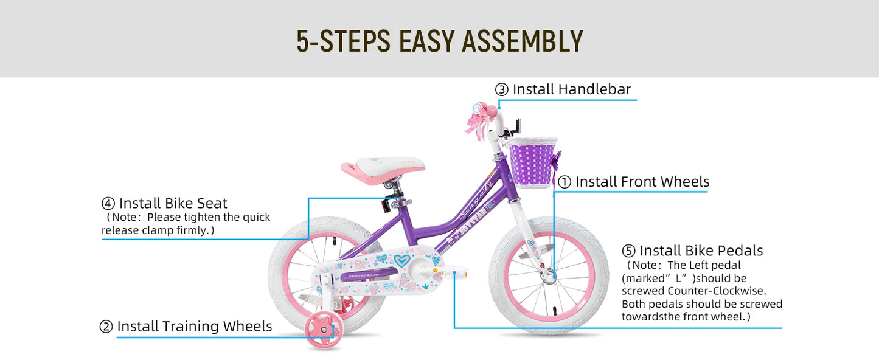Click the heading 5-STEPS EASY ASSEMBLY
coord(439,40)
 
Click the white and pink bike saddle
coord(383,167)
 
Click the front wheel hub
coord(549,277)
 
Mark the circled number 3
coord(502,90)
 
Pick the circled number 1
coord(565,182)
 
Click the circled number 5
coord(628,251)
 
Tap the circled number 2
coord(106,327)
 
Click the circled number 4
coord(108,204)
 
